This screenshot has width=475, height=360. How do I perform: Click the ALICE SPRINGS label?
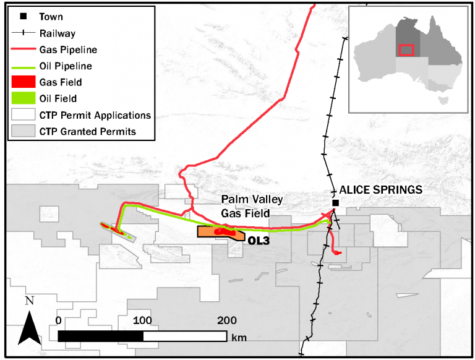tap(380, 189)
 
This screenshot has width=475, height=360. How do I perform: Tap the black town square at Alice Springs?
tap(335, 203)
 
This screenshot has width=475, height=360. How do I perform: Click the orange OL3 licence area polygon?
tap(208, 232)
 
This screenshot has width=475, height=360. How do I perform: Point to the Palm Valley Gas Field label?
tap(252, 206)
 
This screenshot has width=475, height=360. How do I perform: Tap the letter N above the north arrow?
tap(28, 301)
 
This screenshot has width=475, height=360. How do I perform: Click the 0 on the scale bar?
tap(58, 320)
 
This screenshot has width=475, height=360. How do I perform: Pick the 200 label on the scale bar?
tap(227, 320)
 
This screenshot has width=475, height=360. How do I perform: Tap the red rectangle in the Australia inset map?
tap(406, 50)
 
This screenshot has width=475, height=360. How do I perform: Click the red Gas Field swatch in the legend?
tap(24, 82)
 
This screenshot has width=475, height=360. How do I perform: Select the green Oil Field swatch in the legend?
tap(24, 98)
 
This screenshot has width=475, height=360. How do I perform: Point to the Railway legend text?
tap(58, 33)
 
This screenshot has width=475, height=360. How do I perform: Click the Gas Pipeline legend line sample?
tap(24, 49)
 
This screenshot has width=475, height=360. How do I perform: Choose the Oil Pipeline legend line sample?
tap(24, 66)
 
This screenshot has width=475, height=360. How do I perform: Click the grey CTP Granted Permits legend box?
tap(24, 131)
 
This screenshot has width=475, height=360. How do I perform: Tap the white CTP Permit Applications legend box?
tap(24, 115)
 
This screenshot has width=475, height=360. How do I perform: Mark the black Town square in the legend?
tap(24, 17)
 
